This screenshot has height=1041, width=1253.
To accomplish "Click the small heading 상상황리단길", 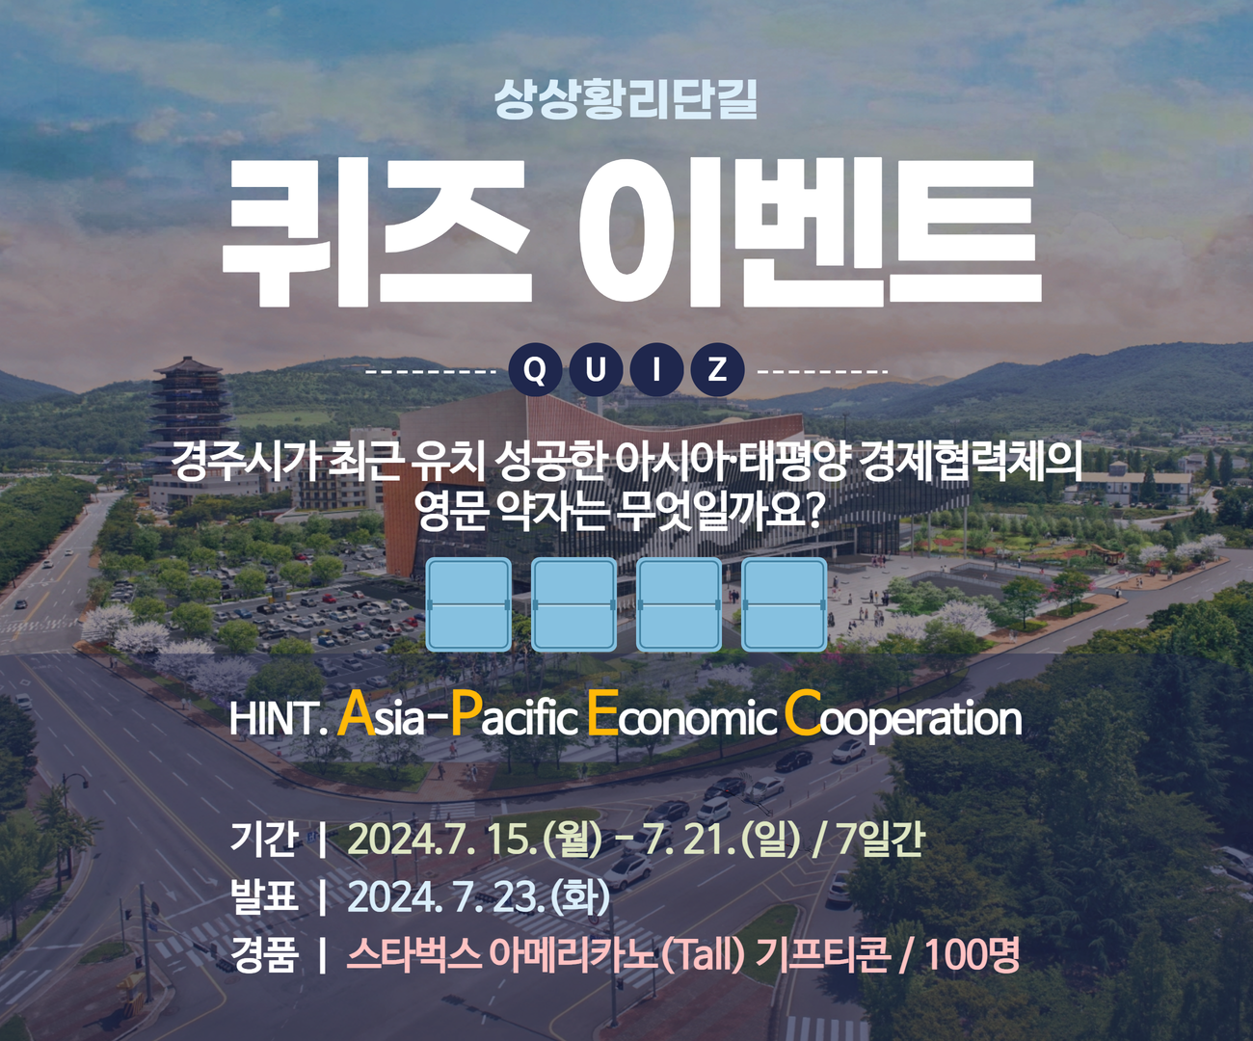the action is (x=625, y=99).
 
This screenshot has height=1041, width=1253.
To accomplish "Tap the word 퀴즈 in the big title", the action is (x=377, y=233).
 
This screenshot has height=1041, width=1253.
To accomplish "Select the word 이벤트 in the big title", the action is (x=810, y=233).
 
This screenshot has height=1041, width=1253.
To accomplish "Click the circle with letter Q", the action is (x=535, y=369).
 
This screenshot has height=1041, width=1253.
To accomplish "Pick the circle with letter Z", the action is (x=717, y=369).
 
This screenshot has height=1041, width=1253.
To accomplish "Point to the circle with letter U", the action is (x=596, y=369).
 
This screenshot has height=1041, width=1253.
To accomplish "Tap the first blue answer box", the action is (x=468, y=604).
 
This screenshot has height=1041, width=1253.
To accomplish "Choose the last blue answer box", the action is (x=784, y=604).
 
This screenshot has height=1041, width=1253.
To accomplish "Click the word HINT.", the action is (x=278, y=718).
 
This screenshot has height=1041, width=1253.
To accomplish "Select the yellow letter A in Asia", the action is (x=356, y=713).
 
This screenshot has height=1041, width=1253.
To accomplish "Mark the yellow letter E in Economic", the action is (x=601, y=713).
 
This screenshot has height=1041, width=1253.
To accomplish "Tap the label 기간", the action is (x=263, y=839).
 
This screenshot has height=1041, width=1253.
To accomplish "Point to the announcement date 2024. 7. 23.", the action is (x=446, y=897).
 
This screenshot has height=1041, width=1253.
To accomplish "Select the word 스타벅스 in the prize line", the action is (x=413, y=954).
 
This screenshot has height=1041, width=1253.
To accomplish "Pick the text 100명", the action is (x=973, y=954).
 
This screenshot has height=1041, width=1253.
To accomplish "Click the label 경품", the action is (x=263, y=954).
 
